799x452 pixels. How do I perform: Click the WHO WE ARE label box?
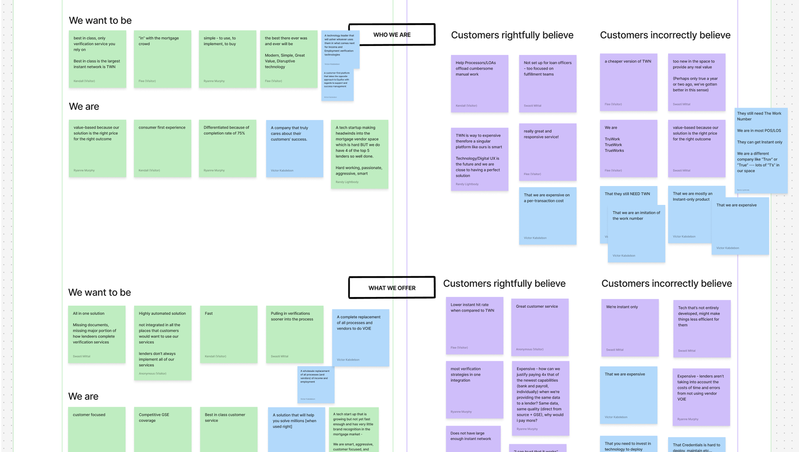392,35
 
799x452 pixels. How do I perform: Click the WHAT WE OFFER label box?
392,288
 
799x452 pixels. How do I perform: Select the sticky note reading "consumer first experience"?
162,148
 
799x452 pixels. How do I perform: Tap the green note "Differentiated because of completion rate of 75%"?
227,148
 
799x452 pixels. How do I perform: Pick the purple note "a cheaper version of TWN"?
628,82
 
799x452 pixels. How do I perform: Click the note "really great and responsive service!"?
547,152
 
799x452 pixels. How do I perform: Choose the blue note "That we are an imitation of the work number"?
636,237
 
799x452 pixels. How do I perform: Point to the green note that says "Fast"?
229,334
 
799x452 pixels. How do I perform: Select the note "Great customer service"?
539,327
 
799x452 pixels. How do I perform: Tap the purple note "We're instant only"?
630,328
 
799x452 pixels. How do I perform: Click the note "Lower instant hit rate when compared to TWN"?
474,325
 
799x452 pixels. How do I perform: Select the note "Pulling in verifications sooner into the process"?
294,334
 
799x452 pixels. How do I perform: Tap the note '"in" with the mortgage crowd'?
162,59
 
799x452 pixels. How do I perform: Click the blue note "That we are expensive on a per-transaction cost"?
547,216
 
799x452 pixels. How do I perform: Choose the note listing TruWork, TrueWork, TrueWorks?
628,148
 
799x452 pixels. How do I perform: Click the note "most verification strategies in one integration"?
474,389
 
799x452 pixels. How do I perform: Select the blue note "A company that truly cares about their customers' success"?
294,148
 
